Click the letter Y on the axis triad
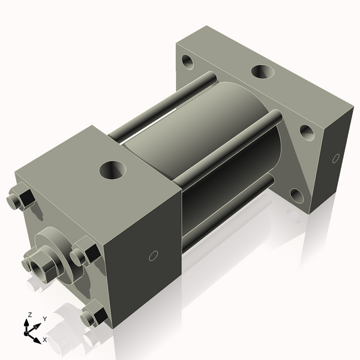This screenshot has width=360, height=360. [x=44, y=319]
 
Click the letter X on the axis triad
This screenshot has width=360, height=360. [x=45, y=340]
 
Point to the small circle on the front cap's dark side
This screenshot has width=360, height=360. [x=153, y=256]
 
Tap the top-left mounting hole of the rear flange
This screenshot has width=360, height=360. [x=188, y=61]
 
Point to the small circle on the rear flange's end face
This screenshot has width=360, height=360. [x=336, y=158]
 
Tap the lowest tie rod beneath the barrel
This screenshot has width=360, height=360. [x=222, y=216]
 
